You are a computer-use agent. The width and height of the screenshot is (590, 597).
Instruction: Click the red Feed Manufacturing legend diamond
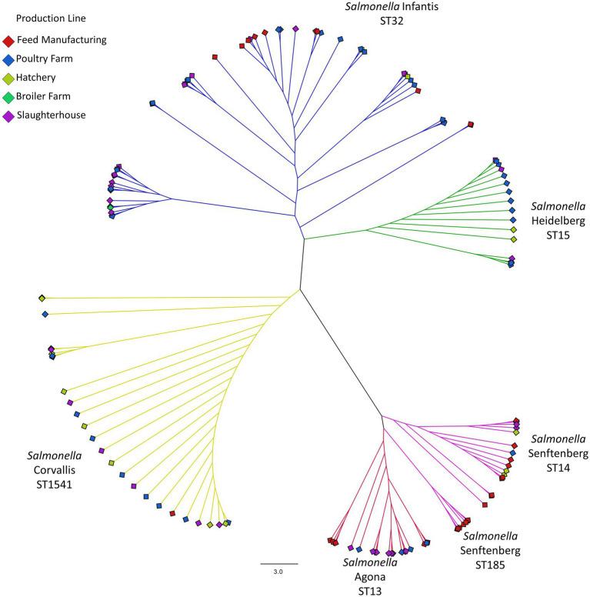point(8,40)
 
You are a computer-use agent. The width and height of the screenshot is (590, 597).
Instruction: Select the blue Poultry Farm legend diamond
point(8,59)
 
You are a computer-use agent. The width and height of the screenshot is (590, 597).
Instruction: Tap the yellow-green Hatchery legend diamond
point(8,78)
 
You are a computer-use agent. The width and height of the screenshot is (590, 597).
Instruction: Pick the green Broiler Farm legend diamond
point(8,97)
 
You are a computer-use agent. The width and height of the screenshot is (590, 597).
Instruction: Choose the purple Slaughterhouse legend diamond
point(8,115)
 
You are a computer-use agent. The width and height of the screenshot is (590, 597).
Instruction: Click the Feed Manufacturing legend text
point(62,40)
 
